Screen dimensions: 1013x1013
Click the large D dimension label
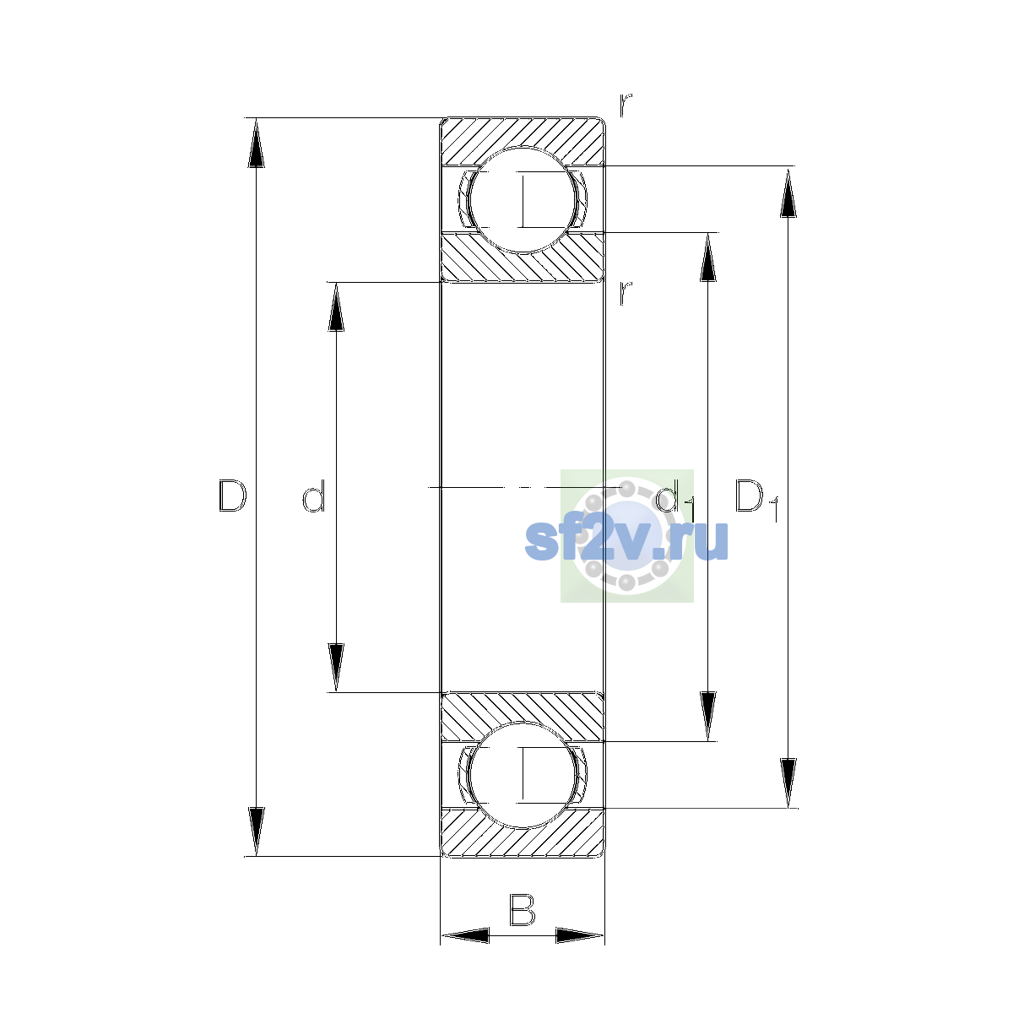(x=232, y=496)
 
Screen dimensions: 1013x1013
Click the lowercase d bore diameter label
(x=314, y=496)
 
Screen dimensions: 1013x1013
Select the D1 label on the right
(x=756, y=500)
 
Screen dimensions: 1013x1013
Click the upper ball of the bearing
(x=523, y=200)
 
